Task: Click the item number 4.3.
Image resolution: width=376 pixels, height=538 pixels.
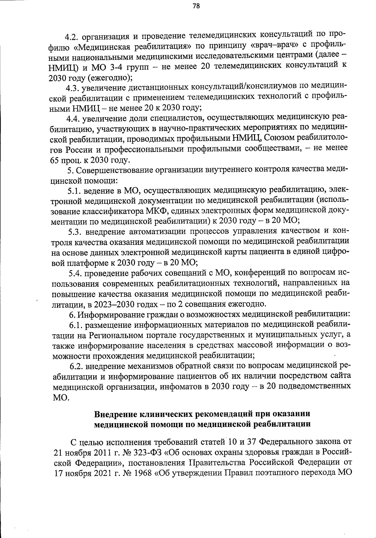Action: click(74, 88)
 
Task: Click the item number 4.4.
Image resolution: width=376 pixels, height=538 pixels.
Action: click(74, 119)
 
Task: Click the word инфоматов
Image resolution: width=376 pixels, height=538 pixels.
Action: click(179, 386)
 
